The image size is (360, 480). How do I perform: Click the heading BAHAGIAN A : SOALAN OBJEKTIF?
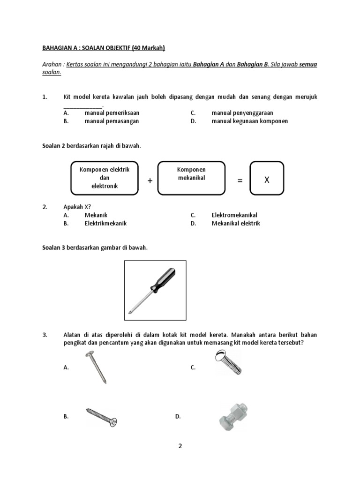pyautogui.click(x=104, y=48)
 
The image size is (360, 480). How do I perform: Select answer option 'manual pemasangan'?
pyautogui.click(x=112, y=121)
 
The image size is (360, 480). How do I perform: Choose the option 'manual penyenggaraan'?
pyautogui.click(x=242, y=113)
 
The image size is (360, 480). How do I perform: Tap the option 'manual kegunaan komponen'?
pyautogui.click(x=249, y=121)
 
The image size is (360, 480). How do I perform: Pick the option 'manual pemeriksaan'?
pyautogui.click(x=112, y=113)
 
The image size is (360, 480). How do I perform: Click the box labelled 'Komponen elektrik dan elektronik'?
pyautogui.click(x=104, y=178)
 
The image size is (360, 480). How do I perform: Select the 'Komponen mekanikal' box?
pyautogui.click(x=191, y=178)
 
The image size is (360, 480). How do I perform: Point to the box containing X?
pyautogui.click(x=266, y=178)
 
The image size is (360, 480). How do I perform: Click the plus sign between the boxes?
pyautogui.click(x=150, y=180)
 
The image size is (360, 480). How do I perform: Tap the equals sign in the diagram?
pyautogui.click(x=240, y=180)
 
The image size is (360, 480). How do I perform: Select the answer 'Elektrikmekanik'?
pyautogui.click(x=105, y=223)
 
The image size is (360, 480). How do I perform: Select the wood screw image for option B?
pyautogui.click(x=101, y=416)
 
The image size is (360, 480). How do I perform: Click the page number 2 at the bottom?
pyautogui.click(x=180, y=446)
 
